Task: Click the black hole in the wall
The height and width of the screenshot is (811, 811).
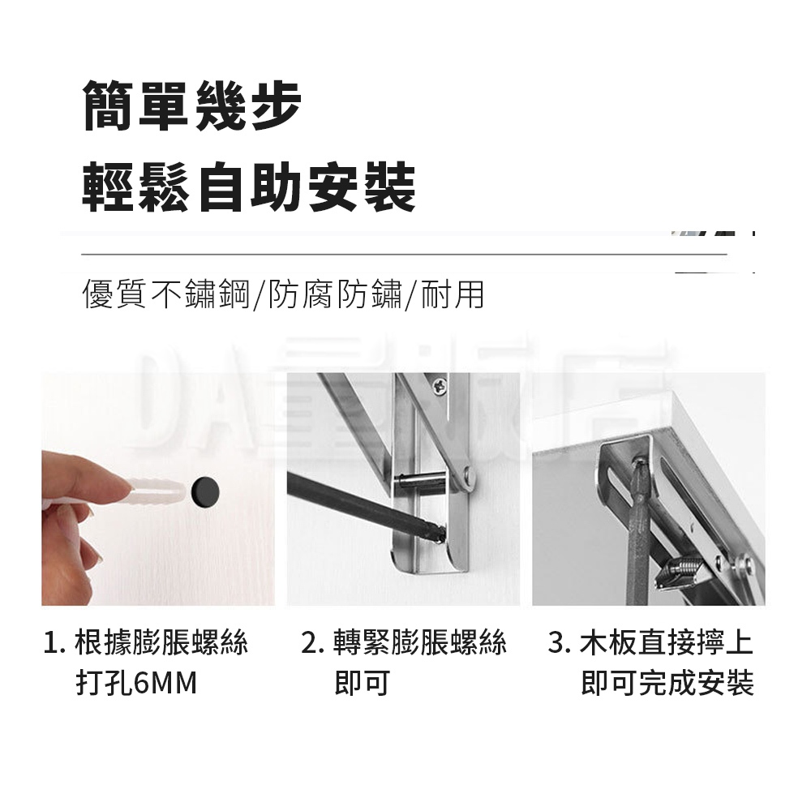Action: [205, 492]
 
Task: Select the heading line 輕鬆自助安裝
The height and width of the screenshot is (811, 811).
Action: [249, 187]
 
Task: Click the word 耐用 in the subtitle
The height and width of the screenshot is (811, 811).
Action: [453, 294]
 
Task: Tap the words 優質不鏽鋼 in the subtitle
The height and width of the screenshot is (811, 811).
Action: [166, 294]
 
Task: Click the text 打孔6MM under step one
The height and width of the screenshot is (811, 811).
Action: [136, 683]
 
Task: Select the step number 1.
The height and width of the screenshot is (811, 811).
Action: [52, 643]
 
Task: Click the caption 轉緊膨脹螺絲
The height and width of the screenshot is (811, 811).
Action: [420, 643]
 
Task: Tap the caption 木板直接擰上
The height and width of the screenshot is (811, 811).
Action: [667, 643]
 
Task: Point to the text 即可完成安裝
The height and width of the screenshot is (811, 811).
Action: [667, 683]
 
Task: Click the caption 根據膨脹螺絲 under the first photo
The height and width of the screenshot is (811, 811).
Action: [161, 643]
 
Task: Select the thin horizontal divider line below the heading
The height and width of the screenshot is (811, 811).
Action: [404, 254]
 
